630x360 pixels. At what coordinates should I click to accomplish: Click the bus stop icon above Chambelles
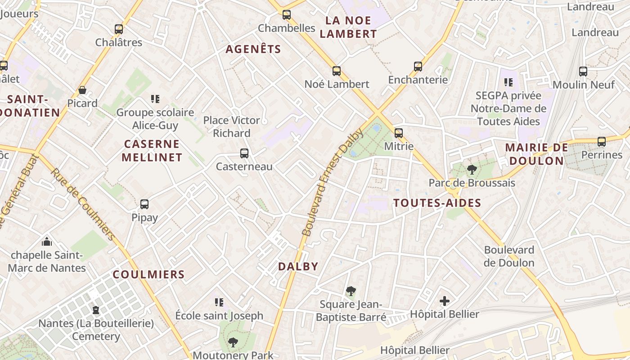[x=287, y=15]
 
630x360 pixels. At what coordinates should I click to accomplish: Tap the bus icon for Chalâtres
[x=119, y=29]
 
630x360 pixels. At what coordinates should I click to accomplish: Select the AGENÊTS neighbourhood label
[x=253, y=49]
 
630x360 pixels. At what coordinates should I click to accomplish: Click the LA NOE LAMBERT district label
[x=351, y=27]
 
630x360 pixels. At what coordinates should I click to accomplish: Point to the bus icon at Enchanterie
[x=418, y=67]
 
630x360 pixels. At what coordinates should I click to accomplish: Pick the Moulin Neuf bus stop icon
[x=583, y=71]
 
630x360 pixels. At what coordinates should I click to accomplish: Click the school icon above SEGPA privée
[x=508, y=82]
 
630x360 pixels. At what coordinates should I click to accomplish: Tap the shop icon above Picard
[x=82, y=90]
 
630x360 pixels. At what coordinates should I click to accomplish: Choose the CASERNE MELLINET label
[x=152, y=151]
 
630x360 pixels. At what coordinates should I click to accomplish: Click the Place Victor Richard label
[x=232, y=126]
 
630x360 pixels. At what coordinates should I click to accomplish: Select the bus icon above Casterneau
[x=244, y=153]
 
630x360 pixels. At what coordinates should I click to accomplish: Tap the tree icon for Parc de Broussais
[x=472, y=170]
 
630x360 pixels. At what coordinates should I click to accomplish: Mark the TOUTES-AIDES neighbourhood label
[x=437, y=203]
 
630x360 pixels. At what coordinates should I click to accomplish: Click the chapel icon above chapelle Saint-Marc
[x=47, y=242]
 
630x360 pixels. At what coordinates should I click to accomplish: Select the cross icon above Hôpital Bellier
[x=445, y=301]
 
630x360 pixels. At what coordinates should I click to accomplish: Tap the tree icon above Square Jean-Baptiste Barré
[x=351, y=291]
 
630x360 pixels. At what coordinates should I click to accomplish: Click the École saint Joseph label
[x=219, y=315]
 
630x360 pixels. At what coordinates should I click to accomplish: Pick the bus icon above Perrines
[x=602, y=142]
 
